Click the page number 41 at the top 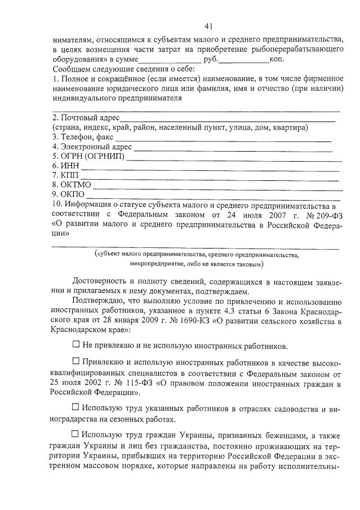(x=208, y=26)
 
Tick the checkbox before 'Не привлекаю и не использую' (x=77, y=344)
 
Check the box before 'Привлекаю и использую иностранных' (x=77, y=360)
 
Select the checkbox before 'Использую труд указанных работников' (x=77, y=407)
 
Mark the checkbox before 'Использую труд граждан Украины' (x=77, y=434)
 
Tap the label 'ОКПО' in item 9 (x=72, y=194)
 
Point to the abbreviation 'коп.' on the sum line (x=278, y=59)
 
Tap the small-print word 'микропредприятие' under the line (x=155, y=264)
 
